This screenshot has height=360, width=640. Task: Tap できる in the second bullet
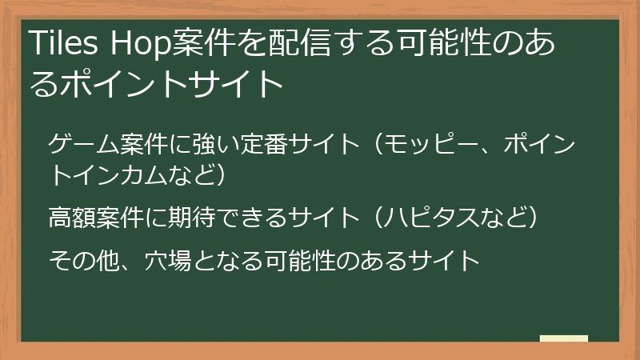tap(265, 217)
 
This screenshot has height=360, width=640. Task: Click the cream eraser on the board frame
tap(564, 339)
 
